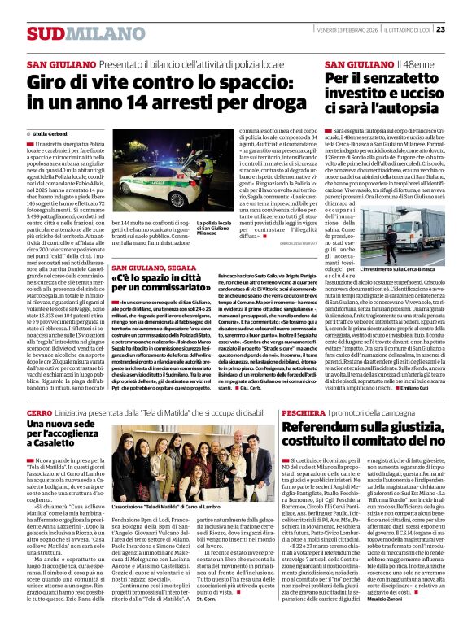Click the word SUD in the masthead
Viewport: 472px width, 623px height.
[43, 33]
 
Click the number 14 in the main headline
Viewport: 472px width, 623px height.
[141, 105]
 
